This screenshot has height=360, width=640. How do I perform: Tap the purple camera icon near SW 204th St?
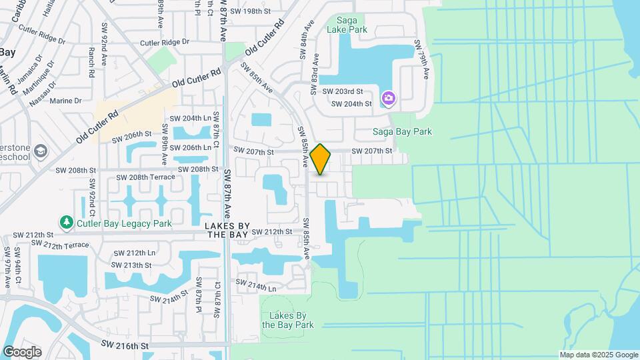point(389,99)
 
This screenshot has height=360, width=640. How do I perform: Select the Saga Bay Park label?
point(401,132)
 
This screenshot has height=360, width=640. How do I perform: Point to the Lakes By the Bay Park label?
point(287,320)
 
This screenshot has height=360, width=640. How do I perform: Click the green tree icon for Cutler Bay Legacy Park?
point(66,222)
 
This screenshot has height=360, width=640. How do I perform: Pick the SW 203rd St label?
point(343,91)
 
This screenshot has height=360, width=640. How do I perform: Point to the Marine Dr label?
point(65,101)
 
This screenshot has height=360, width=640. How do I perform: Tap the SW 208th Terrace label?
point(145,177)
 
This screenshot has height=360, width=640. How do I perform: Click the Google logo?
point(21,351)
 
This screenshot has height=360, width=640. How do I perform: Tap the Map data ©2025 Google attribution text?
point(598,355)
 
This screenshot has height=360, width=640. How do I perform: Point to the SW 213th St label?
point(133,265)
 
